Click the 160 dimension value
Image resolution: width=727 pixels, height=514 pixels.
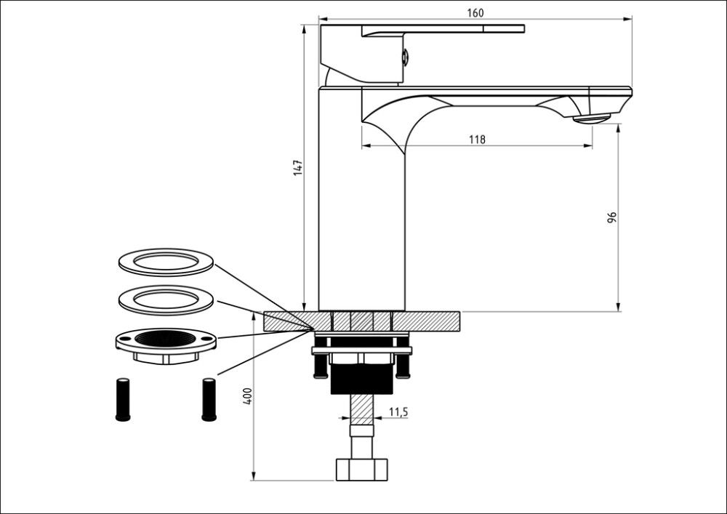coord(475,12)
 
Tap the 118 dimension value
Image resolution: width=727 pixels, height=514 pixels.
coord(477,140)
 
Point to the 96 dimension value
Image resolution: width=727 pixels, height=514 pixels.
coord(612,217)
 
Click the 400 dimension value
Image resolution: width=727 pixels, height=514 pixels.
coord(248,396)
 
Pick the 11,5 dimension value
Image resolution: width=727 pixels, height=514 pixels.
coord(398,412)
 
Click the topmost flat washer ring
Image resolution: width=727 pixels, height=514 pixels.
coord(166,262)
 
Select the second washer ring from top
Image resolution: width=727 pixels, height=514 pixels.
coord(166,300)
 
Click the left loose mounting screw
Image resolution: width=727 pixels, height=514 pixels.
coord(123,398)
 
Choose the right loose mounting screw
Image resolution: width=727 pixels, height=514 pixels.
coord(209,398)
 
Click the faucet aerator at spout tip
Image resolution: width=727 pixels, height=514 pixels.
coord(592,118)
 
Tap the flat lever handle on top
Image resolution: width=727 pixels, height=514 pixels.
coord(443,29)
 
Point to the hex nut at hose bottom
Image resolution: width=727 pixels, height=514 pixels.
coord(361,470)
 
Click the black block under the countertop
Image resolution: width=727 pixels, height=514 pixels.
coord(361,378)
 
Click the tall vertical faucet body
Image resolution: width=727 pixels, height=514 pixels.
coord(361,218)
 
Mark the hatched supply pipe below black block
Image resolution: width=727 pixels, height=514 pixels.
coord(361,410)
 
